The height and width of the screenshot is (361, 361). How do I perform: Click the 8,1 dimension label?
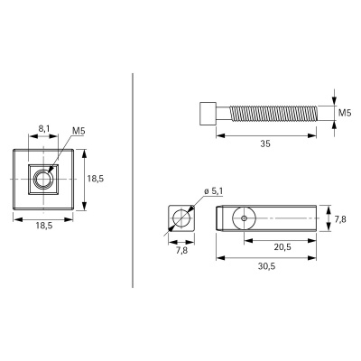42,128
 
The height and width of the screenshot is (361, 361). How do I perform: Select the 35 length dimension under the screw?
266,142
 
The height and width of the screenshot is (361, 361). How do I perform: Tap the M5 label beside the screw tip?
344,114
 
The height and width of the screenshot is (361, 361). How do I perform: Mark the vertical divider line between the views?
134,180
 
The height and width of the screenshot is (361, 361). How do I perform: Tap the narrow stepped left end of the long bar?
222,218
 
